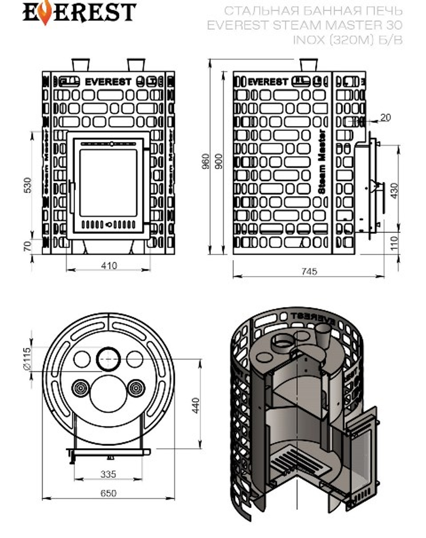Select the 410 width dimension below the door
109,266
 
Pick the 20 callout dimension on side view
385,117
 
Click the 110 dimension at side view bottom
394,243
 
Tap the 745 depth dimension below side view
309,271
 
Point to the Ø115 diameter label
27,359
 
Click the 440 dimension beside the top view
195,406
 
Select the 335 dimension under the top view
108,474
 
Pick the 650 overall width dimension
108,493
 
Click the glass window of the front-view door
108,182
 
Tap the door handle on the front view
71,197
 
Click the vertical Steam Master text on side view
322,162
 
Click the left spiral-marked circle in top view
81,388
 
